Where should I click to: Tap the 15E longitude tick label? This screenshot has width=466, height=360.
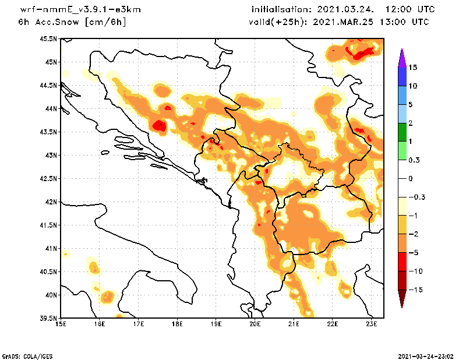pyautogui.click(x=61, y=323)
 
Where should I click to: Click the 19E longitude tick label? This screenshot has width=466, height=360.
pyautogui.click(x=216, y=323)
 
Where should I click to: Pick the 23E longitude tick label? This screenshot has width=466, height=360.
pyautogui.click(x=372, y=323)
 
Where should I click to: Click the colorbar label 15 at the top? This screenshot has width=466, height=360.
pyautogui.click(x=413, y=68)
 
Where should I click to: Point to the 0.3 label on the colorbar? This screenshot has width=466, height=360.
pyautogui.click(x=414, y=160)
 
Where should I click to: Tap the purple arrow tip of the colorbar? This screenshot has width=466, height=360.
pyautogui.click(x=401, y=56)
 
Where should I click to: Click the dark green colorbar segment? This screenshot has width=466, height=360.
pyautogui.click(x=401, y=132)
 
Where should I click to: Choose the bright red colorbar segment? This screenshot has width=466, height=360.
pyautogui.click(x=401, y=262)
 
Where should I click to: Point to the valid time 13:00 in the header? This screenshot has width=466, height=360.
pyautogui.click(x=395, y=22)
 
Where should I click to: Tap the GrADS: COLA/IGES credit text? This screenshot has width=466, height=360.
pyautogui.click(x=24, y=355)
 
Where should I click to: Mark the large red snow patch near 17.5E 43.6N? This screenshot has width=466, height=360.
pyautogui.click(x=159, y=125)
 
